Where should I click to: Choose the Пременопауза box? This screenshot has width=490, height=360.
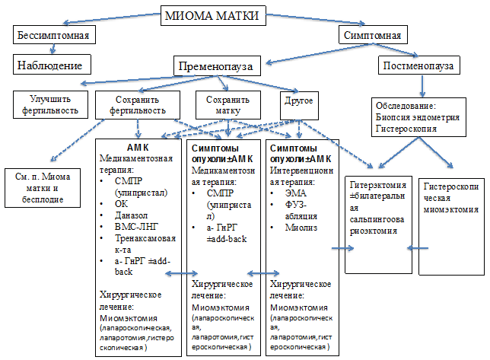pos(218,65)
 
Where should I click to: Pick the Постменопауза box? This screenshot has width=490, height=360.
pos(418,67)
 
